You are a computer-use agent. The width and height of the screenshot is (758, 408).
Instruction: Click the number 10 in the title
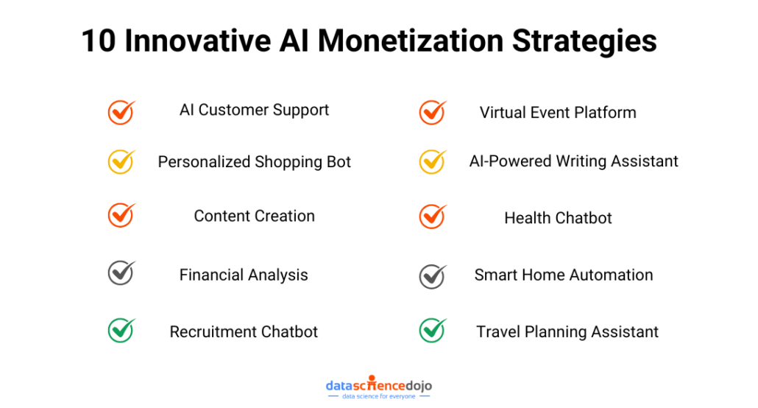pyautogui.click(x=99, y=41)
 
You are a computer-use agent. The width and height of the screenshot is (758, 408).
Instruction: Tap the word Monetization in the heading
pyautogui.click(x=411, y=41)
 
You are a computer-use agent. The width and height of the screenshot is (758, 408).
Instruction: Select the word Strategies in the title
pyautogui.click(x=584, y=42)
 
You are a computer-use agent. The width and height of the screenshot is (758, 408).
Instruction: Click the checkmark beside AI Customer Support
pyautogui.click(x=121, y=112)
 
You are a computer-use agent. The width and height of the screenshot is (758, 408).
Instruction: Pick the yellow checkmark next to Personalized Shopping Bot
pyautogui.click(x=121, y=161)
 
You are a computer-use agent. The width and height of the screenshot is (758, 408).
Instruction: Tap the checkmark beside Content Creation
pyautogui.click(x=121, y=215)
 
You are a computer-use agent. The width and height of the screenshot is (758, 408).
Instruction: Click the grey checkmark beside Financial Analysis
pyautogui.click(x=121, y=273)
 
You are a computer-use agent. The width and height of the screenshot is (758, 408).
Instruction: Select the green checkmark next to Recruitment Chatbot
pyautogui.click(x=121, y=331)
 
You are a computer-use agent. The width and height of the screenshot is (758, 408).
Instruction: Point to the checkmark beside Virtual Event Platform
pyautogui.click(x=433, y=112)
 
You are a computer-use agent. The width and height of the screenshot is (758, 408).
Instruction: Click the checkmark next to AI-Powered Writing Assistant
pyautogui.click(x=433, y=161)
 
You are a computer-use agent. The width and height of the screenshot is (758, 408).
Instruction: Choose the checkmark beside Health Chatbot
pyautogui.click(x=433, y=217)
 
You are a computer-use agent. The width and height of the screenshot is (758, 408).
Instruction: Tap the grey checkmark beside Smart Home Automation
pyautogui.click(x=433, y=277)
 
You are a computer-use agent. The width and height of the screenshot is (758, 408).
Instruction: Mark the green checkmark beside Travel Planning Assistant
pyautogui.click(x=433, y=331)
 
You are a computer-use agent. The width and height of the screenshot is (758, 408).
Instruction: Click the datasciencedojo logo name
pyautogui.click(x=379, y=385)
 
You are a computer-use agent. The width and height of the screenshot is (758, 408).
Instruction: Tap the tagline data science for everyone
pyautogui.click(x=379, y=396)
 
